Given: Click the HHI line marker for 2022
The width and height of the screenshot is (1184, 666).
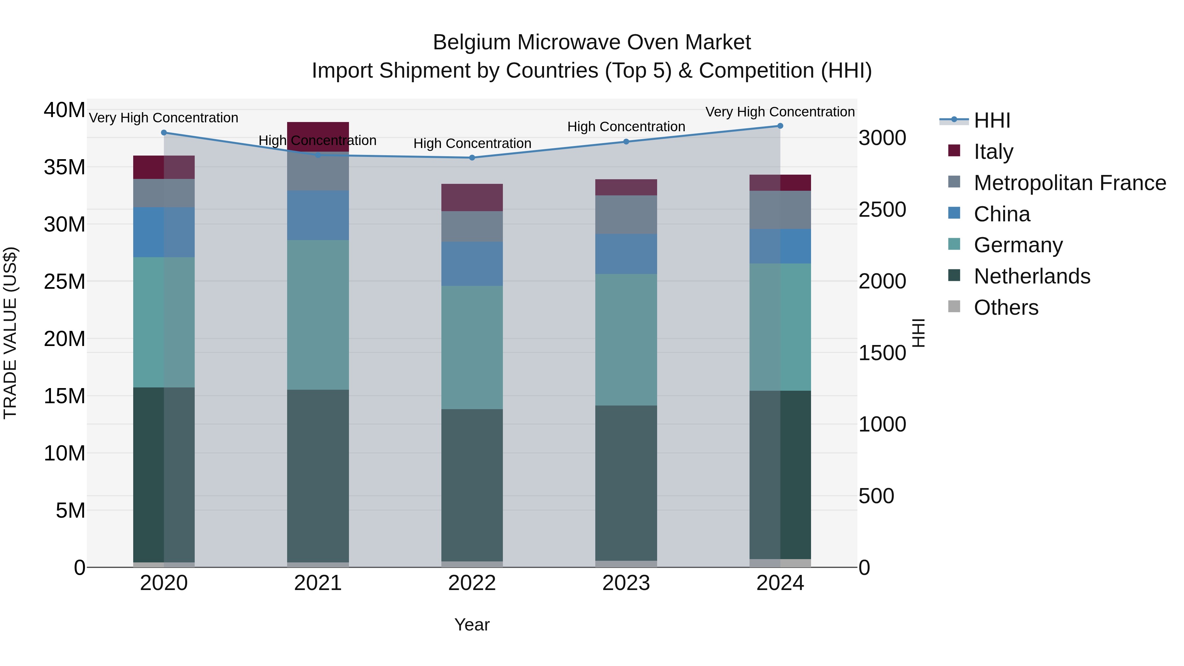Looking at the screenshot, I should click(472, 158).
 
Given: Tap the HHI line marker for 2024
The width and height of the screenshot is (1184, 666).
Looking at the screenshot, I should click(780, 126).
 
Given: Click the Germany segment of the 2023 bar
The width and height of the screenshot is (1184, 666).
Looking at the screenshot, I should click(626, 340).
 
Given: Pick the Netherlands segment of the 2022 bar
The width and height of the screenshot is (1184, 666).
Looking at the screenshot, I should click(472, 485).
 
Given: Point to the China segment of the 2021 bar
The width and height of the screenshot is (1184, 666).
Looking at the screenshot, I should click(318, 215).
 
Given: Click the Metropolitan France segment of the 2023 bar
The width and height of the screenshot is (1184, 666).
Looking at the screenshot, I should click(626, 215).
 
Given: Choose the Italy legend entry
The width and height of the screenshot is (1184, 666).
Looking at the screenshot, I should click(993, 152).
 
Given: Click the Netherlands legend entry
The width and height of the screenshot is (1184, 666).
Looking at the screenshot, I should click(1031, 276).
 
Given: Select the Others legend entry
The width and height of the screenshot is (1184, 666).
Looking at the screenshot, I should click(1006, 308).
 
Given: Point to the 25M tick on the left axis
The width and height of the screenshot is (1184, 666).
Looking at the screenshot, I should click(64, 281).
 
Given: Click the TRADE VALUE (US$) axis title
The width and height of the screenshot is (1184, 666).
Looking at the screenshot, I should click(10, 333).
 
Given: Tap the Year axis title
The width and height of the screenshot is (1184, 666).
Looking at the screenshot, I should click(472, 625).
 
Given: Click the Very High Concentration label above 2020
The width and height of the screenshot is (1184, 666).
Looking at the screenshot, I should click(164, 118).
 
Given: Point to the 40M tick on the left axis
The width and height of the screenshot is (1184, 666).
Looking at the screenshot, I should click(64, 110).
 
